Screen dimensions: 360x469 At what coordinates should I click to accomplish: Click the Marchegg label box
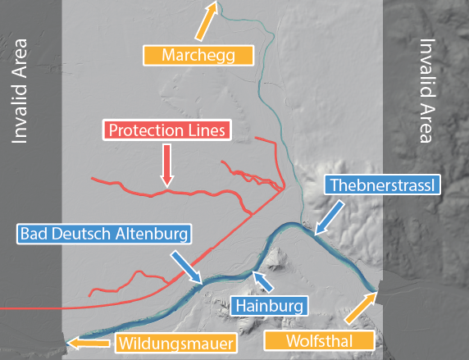pyautogui.click(x=198, y=55)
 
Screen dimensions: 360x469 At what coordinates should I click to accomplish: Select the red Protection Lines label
pyautogui.click(x=167, y=130)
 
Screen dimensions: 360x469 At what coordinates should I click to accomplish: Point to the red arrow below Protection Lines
pyautogui.click(x=167, y=163)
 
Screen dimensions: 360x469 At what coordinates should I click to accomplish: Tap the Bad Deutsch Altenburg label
pyautogui.click(x=104, y=235)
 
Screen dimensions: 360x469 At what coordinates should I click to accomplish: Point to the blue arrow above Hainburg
pyautogui.click(x=262, y=281)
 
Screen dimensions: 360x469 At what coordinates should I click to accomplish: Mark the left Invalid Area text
pyautogui.click(x=19, y=90)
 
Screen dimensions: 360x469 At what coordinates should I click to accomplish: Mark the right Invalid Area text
pyautogui.click(x=426, y=90)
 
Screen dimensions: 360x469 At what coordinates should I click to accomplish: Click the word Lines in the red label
pyautogui.click(x=207, y=130)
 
